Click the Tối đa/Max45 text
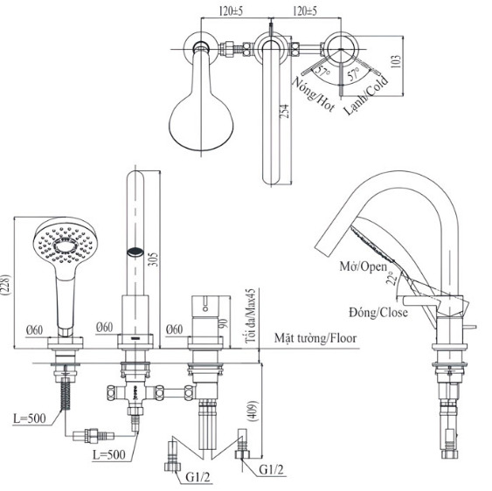pos(252,310)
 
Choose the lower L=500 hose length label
pos(110,455)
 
